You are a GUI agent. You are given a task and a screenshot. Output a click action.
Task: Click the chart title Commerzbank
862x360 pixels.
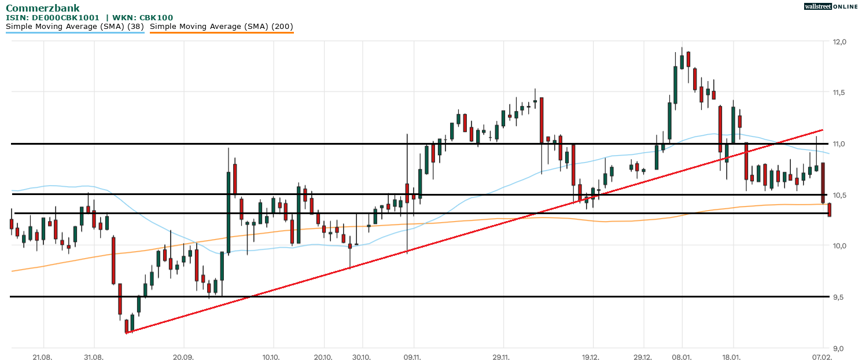(43, 8)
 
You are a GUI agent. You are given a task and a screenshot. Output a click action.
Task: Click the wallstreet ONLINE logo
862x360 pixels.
(830, 6)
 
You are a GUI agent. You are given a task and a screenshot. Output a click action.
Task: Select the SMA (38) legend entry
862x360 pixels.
(75, 27)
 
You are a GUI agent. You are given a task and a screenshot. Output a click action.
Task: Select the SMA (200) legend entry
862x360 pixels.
(222, 27)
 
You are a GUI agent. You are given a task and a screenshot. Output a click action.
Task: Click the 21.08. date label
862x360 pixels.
(42, 358)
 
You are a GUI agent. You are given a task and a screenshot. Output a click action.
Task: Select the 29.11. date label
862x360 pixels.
(502, 358)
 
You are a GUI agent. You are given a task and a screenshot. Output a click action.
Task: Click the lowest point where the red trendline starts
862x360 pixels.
(126, 333)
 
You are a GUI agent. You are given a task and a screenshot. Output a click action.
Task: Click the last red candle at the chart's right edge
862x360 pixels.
(830, 210)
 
